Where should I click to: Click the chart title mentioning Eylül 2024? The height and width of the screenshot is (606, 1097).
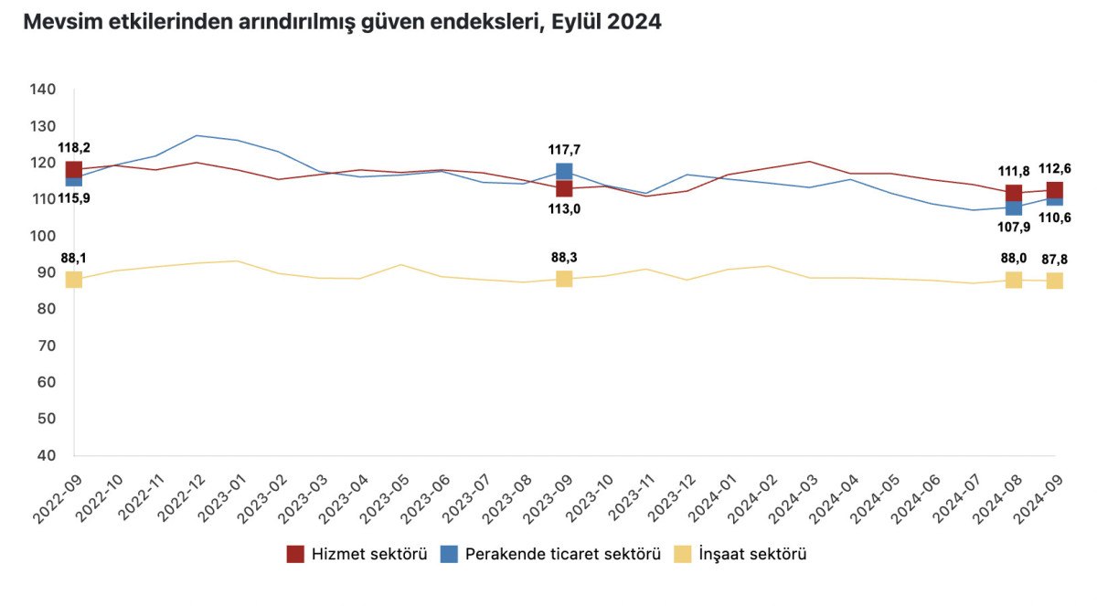[342, 23]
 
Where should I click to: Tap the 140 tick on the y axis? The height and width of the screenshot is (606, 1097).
[43, 90]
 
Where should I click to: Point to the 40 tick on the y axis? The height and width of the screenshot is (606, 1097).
[47, 455]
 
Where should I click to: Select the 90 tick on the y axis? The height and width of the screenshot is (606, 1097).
[47, 272]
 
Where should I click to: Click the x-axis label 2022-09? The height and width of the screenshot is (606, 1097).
[58, 494]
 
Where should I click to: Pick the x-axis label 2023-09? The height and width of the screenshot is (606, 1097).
[548, 494]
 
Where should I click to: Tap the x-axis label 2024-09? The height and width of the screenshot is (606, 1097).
[1038, 494]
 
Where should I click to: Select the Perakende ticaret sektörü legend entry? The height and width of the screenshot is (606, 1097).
[550, 554]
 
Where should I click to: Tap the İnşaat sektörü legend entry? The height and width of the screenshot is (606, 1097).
[740, 554]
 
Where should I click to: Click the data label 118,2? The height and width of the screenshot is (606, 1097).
[74, 148]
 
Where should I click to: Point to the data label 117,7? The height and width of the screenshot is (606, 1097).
[564, 148]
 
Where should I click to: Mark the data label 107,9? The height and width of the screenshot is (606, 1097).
[1014, 228]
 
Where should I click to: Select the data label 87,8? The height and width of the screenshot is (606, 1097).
[1054, 259]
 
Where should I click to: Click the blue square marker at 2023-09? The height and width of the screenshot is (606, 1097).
[564, 171]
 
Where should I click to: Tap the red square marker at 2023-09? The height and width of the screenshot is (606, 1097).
[564, 189]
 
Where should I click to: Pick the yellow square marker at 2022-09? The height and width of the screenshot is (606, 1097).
[74, 280]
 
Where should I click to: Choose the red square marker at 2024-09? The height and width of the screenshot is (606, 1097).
[1054, 190]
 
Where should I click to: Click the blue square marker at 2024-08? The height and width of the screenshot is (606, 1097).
[1014, 208]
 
